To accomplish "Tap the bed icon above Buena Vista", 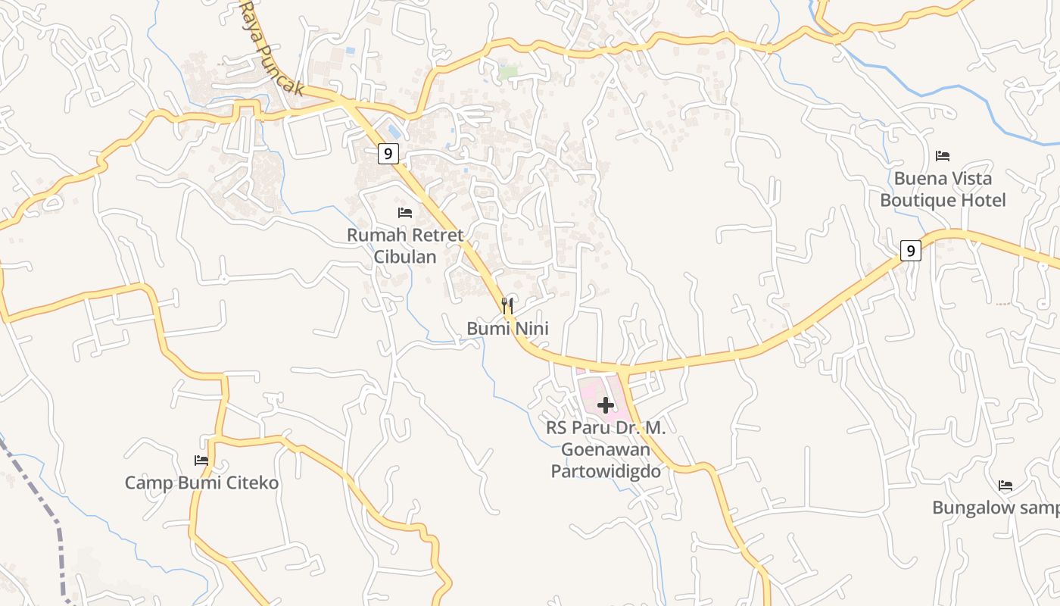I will point(943,156).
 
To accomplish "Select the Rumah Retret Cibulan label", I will point(405,245).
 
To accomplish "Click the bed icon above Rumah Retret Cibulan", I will point(405,213).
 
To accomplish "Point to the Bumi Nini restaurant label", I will point(507,329).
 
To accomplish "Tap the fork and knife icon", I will point(507,306).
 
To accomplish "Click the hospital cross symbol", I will point(606,405).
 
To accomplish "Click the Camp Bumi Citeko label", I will point(201,483).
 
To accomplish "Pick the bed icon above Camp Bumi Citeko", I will point(201,461).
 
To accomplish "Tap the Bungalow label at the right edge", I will point(995,508).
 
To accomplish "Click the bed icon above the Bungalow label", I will point(1005,486).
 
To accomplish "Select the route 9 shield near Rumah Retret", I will point(388,154).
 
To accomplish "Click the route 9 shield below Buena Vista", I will point(911,251).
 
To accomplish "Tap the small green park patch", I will point(508,72).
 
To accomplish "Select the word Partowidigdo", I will point(606,471).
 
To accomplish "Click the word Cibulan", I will point(405,257).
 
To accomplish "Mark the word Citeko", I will point(250,483).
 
